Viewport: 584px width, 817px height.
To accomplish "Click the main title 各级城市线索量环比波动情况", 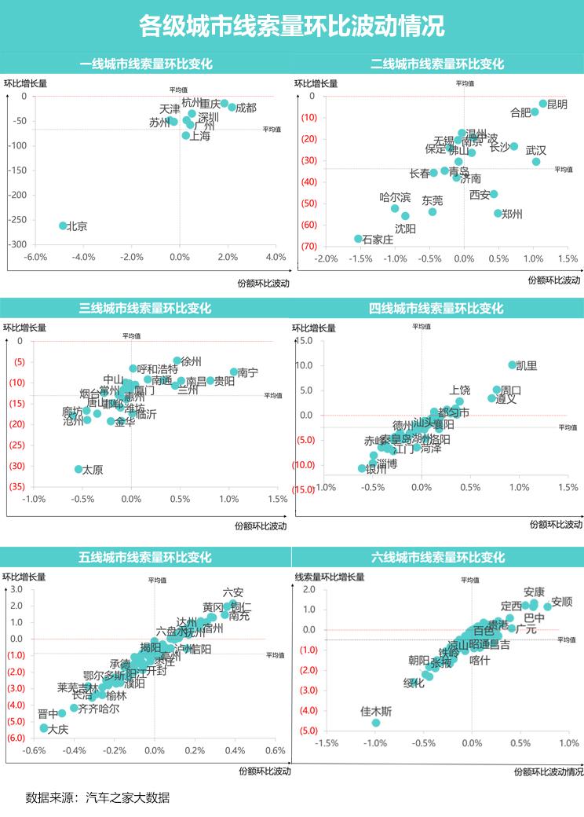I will pos(292,26).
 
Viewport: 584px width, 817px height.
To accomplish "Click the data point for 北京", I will pos(63,225).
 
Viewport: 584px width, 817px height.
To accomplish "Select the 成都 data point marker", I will pos(232,107).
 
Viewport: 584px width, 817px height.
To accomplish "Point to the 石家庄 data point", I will pos(358,239).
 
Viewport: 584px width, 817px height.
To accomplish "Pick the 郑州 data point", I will pos(498,213).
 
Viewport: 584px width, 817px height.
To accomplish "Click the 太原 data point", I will pos(78,469).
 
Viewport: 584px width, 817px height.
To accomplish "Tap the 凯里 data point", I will pos(513,365).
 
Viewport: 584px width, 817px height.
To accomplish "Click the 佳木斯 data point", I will pos(376,723).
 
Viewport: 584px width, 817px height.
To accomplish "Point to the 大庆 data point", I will pos(44,728).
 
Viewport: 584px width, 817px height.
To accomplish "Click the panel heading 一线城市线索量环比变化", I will pos(146,64).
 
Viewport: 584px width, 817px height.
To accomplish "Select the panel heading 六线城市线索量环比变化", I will pos(437,558).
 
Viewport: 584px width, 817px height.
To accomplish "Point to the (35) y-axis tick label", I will pos(15,487).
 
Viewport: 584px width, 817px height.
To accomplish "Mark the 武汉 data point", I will pos(536,162).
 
